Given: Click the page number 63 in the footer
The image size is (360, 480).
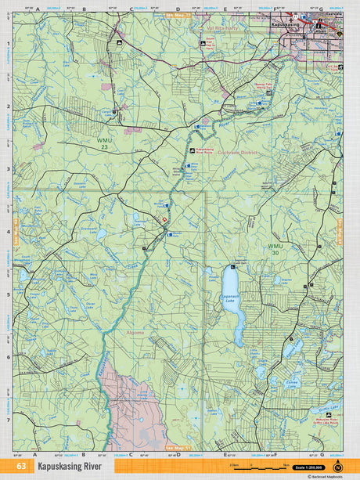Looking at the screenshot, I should tap(20, 467).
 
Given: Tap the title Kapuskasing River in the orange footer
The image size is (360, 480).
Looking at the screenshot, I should tap(70, 467).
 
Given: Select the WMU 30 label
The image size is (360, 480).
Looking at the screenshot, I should tap(275, 250).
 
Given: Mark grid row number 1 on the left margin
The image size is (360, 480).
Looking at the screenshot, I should tap(8, 44).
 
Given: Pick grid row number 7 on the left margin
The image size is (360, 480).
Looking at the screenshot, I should tap(8, 420).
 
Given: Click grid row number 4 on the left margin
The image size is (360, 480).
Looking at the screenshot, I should tap(8, 232).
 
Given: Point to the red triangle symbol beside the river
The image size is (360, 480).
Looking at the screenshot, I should tap(164, 220).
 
